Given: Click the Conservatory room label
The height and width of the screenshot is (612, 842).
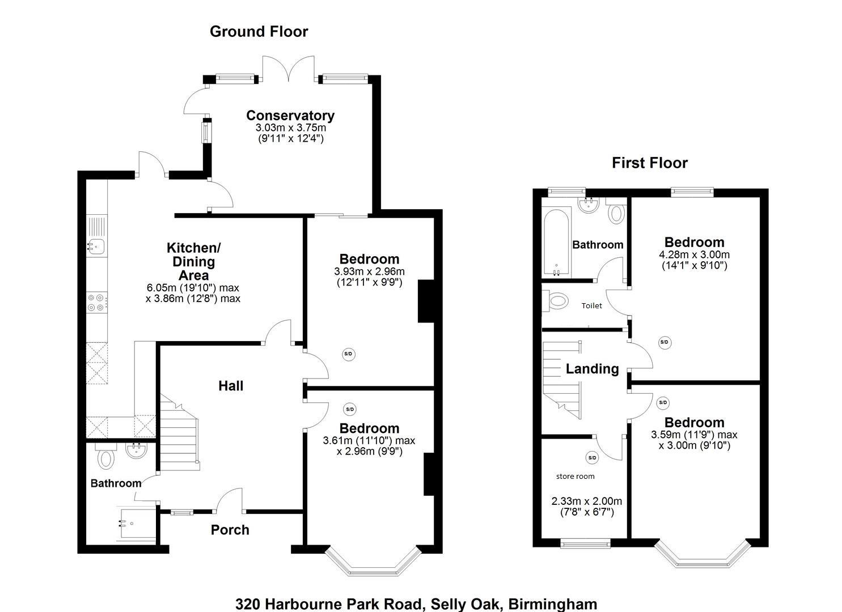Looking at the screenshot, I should point(290,116).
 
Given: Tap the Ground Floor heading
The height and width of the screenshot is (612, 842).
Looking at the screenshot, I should point(259,32).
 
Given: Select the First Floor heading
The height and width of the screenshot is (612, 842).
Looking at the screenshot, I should point(649,163).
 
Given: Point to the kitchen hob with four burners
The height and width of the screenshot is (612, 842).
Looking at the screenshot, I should point(96,302).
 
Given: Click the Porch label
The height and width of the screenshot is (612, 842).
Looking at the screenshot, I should point(230,530).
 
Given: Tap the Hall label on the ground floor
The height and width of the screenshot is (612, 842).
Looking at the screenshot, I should point(231,386).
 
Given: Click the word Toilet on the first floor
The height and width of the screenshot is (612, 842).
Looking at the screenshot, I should point(591,305).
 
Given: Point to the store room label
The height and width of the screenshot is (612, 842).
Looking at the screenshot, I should point(575,477).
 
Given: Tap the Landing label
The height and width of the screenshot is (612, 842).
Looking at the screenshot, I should point(592,369).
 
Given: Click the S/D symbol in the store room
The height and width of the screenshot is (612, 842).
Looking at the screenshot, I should point(592,458).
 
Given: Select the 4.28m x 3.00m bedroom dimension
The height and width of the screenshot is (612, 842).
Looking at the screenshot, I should point(694,255).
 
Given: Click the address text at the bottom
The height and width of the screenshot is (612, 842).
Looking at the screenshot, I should point(416,603).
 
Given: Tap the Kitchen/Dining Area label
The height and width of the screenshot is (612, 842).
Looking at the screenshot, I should point(193,261).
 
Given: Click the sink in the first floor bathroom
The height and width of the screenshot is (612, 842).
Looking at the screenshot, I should point(589,203).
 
